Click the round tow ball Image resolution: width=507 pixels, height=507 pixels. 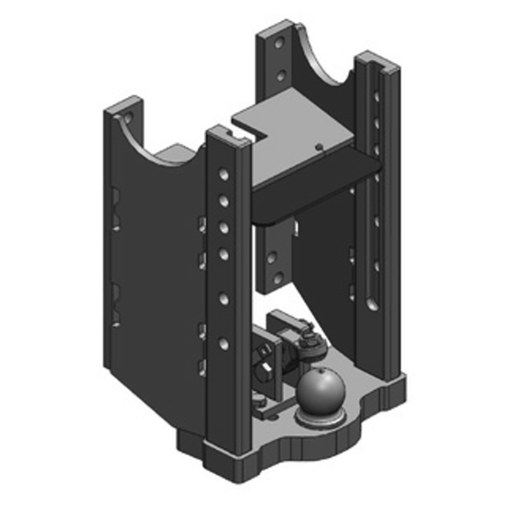pos(320,390)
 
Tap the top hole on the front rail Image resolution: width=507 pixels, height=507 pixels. pos(221,172)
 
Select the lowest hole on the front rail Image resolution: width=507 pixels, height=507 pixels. pos(223,343)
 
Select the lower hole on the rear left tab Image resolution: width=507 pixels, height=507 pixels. pos(279,76)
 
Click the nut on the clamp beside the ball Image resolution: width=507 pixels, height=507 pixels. pos(311,343)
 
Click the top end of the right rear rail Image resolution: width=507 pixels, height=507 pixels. pos(376,62)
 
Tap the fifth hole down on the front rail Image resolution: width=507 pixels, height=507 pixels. pos(223,297)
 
